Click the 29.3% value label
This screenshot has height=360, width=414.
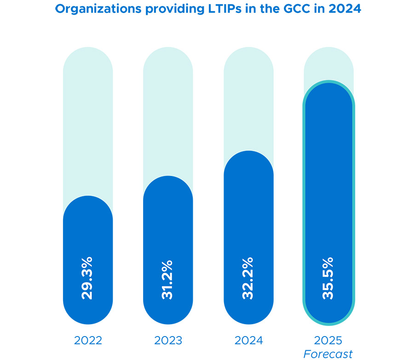87,279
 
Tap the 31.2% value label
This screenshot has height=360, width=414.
168,280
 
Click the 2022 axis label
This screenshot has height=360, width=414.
88,341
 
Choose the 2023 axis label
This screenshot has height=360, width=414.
168,341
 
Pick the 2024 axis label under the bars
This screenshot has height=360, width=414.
248,341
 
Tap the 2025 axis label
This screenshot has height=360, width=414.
328,341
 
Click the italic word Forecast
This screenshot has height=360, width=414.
328,354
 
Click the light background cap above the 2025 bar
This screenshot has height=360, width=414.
328,62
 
